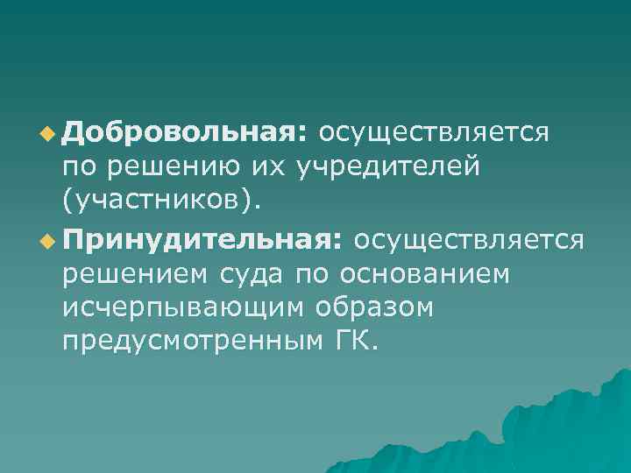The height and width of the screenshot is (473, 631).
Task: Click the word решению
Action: (x=183, y=167)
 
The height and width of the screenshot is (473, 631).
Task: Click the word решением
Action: (x=131, y=274)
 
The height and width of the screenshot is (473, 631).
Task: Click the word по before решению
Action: (x=79, y=167)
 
